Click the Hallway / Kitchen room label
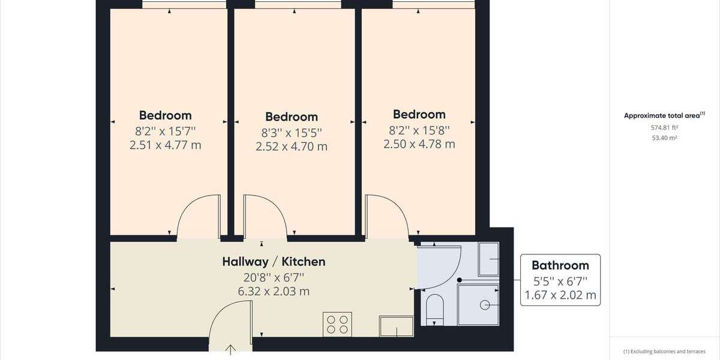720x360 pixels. click(274, 262)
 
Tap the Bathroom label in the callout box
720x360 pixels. click(560, 265)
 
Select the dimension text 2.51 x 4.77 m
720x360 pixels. click(166, 145)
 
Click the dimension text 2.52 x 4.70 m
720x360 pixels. click(291, 146)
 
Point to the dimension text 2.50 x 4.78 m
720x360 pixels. click(419, 144)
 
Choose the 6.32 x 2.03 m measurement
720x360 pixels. click(274, 292)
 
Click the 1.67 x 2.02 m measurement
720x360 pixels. click(560, 295)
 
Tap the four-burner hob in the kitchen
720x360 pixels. click(337, 325)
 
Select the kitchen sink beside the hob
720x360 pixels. click(396, 326)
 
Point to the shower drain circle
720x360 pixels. click(485, 305)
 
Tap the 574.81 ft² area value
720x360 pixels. click(664, 127)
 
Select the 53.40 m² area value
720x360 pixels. click(664, 137)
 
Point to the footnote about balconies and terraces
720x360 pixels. click(664, 352)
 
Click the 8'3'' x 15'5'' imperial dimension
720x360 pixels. click(291, 131)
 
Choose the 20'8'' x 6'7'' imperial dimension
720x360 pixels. click(274, 277)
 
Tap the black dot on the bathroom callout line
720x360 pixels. click(460, 280)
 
